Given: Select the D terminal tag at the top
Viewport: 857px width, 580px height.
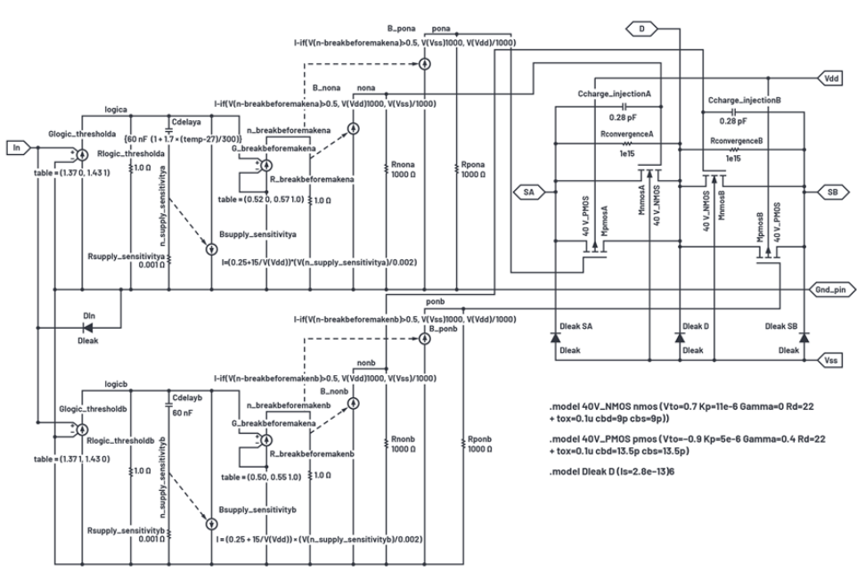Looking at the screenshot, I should tap(641, 30).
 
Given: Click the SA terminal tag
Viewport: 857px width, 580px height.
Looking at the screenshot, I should tap(529, 192).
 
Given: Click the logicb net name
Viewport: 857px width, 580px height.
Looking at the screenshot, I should tap(117, 385).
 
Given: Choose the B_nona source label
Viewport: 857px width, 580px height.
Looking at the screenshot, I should tap(327, 88).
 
